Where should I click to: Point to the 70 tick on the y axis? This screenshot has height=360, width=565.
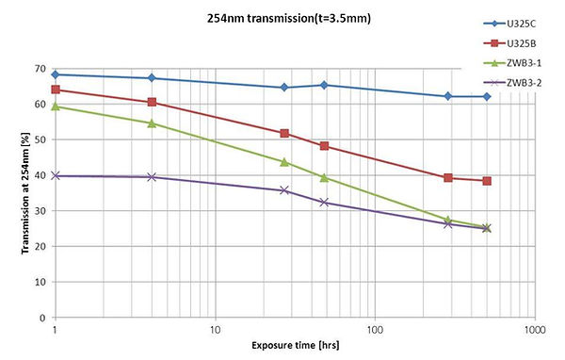[x=42, y=69]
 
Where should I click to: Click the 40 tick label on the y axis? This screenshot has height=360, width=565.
[x=42, y=175]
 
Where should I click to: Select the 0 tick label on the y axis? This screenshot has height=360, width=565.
[x=45, y=318]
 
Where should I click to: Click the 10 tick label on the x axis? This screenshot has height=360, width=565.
[x=216, y=331]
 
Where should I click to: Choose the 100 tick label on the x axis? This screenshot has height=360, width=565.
[x=375, y=331]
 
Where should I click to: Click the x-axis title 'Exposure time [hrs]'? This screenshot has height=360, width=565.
[x=295, y=347]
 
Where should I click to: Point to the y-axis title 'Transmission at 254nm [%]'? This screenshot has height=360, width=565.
[x=19, y=193]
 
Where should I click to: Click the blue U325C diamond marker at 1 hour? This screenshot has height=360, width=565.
[x=56, y=74]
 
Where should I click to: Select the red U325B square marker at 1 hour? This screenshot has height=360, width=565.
[x=56, y=90]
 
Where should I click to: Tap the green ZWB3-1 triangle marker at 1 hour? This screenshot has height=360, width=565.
[x=56, y=106]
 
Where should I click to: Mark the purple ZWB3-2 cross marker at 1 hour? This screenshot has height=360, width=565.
[x=56, y=176]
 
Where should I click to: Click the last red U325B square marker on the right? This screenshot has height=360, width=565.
[x=487, y=181]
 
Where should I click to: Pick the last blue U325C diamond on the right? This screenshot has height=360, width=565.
[x=487, y=96]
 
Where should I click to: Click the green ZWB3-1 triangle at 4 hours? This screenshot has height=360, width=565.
[x=153, y=123]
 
